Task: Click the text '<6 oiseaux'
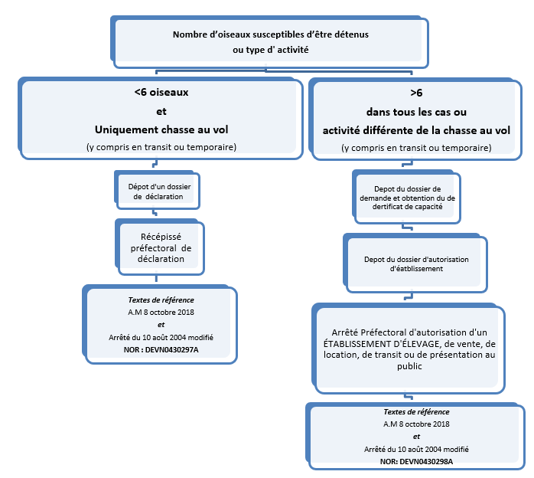161,93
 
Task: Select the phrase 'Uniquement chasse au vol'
161,129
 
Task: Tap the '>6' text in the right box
416,93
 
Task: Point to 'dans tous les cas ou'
416,111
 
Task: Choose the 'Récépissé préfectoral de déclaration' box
161,247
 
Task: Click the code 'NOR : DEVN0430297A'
161,349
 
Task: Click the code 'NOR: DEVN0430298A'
416,461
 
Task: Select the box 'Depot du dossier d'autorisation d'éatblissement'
416,264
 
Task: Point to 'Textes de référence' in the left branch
161,300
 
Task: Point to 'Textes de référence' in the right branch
416,412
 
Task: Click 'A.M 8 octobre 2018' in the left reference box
161,312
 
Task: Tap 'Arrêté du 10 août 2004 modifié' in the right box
416,449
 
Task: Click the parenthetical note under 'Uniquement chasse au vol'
161,147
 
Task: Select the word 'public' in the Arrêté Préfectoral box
409,367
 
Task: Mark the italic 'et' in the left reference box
161,324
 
